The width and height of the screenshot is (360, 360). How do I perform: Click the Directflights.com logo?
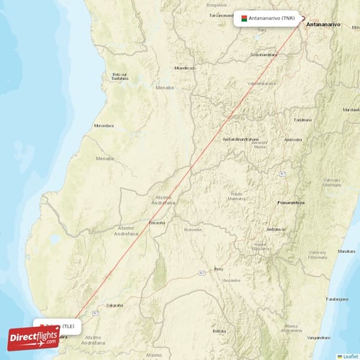(33, 336)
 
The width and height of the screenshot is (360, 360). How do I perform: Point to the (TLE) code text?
(69, 326)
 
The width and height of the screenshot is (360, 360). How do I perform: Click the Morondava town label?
(103, 126)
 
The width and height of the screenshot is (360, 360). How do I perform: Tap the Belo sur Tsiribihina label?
(120, 77)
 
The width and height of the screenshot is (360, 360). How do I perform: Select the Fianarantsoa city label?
(293, 204)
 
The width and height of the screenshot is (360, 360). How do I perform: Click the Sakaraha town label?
(115, 305)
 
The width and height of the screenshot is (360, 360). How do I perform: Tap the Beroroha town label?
(156, 222)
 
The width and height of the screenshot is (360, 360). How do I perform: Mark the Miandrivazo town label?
(185, 68)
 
